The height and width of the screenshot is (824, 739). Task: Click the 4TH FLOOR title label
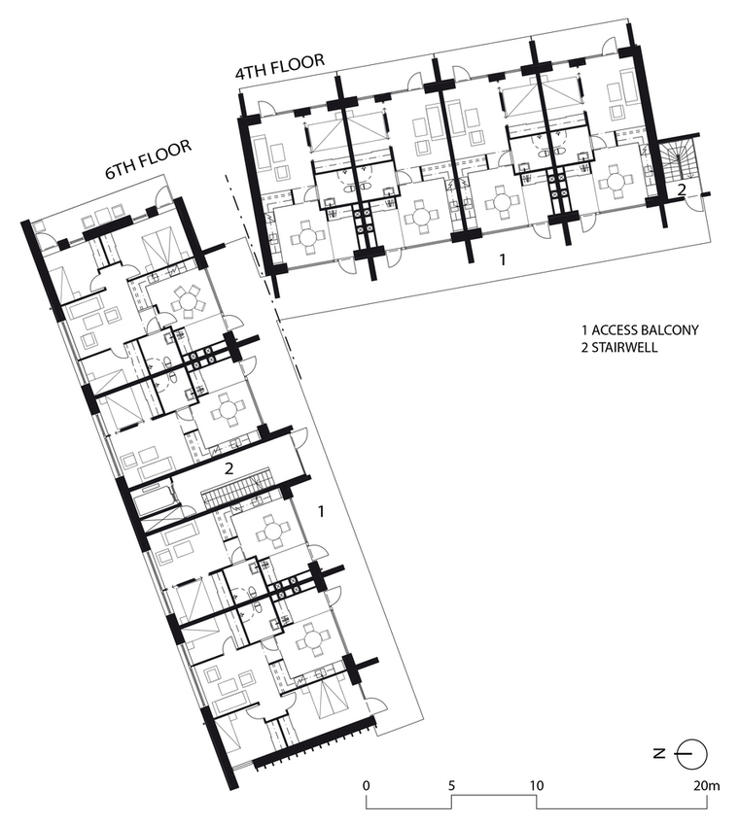[x=280, y=66]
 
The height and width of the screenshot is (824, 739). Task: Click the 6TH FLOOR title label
[x=149, y=159]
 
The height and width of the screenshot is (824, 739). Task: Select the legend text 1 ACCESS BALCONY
[x=640, y=330]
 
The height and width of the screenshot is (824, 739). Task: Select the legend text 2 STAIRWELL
[x=619, y=347]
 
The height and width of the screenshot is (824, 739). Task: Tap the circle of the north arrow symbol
[x=693, y=753]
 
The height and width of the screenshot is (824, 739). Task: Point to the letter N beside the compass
[x=659, y=753]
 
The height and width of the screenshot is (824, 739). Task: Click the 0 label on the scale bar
[x=366, y=786]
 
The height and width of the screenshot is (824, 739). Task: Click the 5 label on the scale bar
[x=451, y=786]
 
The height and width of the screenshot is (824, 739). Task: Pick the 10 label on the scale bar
[x=537, y=786]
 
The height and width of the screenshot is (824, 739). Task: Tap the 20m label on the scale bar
[x=706, y=786]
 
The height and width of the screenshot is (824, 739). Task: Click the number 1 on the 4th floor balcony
[x=503, y=259]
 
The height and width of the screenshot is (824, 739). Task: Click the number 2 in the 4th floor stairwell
[x=681, y=190]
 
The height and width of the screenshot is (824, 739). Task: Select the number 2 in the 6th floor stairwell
[x=229, y=468]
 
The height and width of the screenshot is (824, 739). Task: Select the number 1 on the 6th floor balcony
[x=322, y=511]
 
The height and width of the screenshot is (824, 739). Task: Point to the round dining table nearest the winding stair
[x=616, y=183]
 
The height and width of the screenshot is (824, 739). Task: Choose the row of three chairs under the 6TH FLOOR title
[x=102, y=214]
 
